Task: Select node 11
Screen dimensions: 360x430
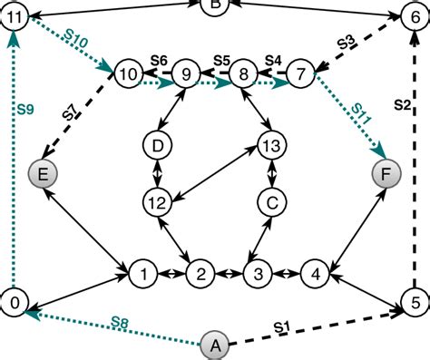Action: [15, 15]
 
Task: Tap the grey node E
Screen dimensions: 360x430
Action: [43, 173]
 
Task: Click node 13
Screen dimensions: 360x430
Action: [270, 144]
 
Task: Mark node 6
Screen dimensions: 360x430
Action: [414, 15]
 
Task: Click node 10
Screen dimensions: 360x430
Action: [128, 73]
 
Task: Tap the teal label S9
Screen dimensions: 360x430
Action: [26, 111]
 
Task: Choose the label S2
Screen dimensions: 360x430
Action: [405, 106]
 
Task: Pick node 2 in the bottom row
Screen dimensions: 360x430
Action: [200, 272]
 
